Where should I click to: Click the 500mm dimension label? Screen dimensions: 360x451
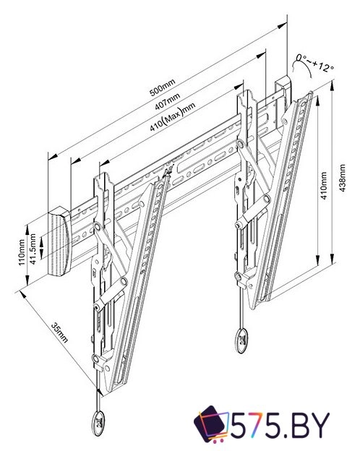pos(163,87)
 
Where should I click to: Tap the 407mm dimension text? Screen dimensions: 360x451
pos(168,101)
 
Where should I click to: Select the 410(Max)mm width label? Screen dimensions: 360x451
pos(173,117)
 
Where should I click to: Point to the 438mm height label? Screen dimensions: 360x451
pos(342,178)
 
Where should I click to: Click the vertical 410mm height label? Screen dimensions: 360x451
pos(324,186)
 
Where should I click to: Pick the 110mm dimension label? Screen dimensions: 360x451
pos(22,252)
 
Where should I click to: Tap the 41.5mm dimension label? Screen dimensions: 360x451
pos(33,249)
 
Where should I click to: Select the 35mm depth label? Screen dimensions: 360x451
pos(59,332)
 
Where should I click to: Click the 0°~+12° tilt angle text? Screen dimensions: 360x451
pos(315,63)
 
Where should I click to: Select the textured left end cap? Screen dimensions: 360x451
pos(59,241)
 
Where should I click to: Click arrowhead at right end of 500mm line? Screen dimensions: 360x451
pos(283,25)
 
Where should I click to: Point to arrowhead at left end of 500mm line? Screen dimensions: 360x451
pos(53,157)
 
